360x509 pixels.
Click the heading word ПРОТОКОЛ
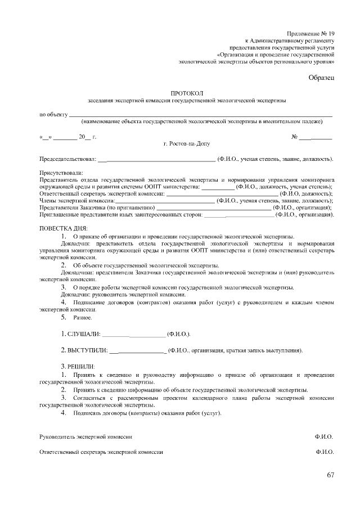coord(186,92)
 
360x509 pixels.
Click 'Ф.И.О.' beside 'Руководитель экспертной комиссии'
coord(325,436)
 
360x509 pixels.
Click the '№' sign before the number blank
coord(294,137)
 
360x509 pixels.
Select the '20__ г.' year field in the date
coord(88,137)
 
